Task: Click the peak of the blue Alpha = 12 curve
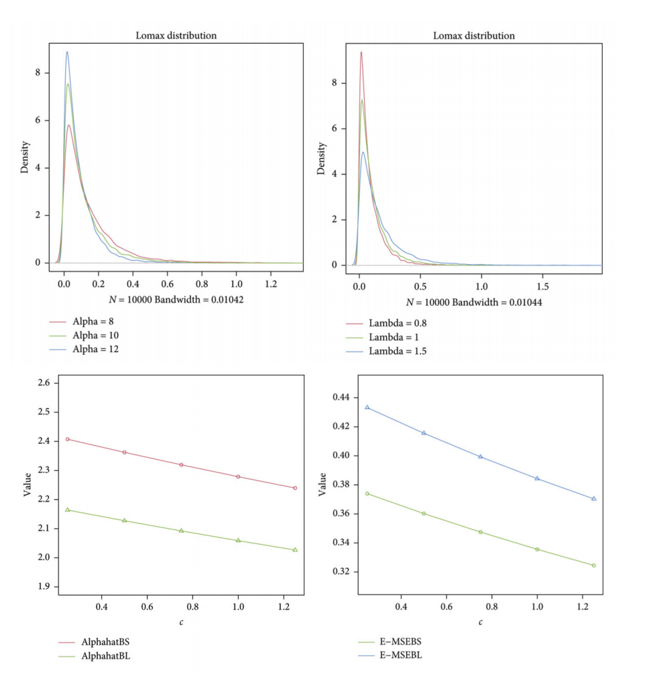pos(66,52)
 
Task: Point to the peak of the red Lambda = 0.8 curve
pos(361,52)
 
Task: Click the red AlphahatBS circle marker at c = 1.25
pos(294,488)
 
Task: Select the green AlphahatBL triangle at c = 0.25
pos(67,510)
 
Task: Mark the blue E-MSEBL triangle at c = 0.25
pos(367,407)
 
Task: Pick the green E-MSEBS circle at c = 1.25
pos(593,565)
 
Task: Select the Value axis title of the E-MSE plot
pos(322,485)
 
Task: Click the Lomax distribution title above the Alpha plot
pos(175,36)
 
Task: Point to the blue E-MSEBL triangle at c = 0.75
pos(480,457)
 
